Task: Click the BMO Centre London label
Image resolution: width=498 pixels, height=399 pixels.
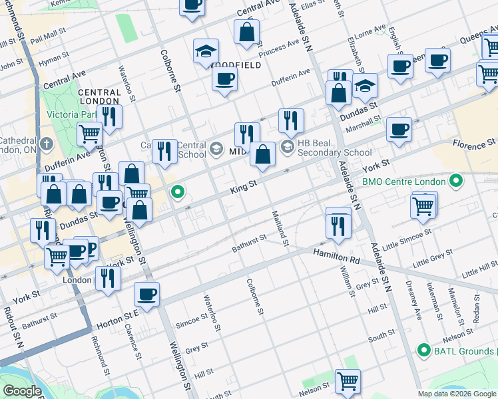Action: [x=401, y=181]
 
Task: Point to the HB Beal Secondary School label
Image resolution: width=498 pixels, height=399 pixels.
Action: [x=334, y=152]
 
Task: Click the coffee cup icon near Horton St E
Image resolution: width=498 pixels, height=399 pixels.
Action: [x=147, y=293]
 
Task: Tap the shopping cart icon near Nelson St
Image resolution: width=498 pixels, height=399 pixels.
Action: [x=348, y=381]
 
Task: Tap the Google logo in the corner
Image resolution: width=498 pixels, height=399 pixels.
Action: [x=21, y=391]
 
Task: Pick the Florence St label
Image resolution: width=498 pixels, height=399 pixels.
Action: [x=474, y=143]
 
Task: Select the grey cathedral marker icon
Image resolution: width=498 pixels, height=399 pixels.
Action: [x=46, y=144]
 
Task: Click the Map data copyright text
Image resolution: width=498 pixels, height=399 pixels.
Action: [x=457, y=394]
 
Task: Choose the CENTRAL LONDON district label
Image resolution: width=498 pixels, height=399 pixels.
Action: [x=99, y=96]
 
